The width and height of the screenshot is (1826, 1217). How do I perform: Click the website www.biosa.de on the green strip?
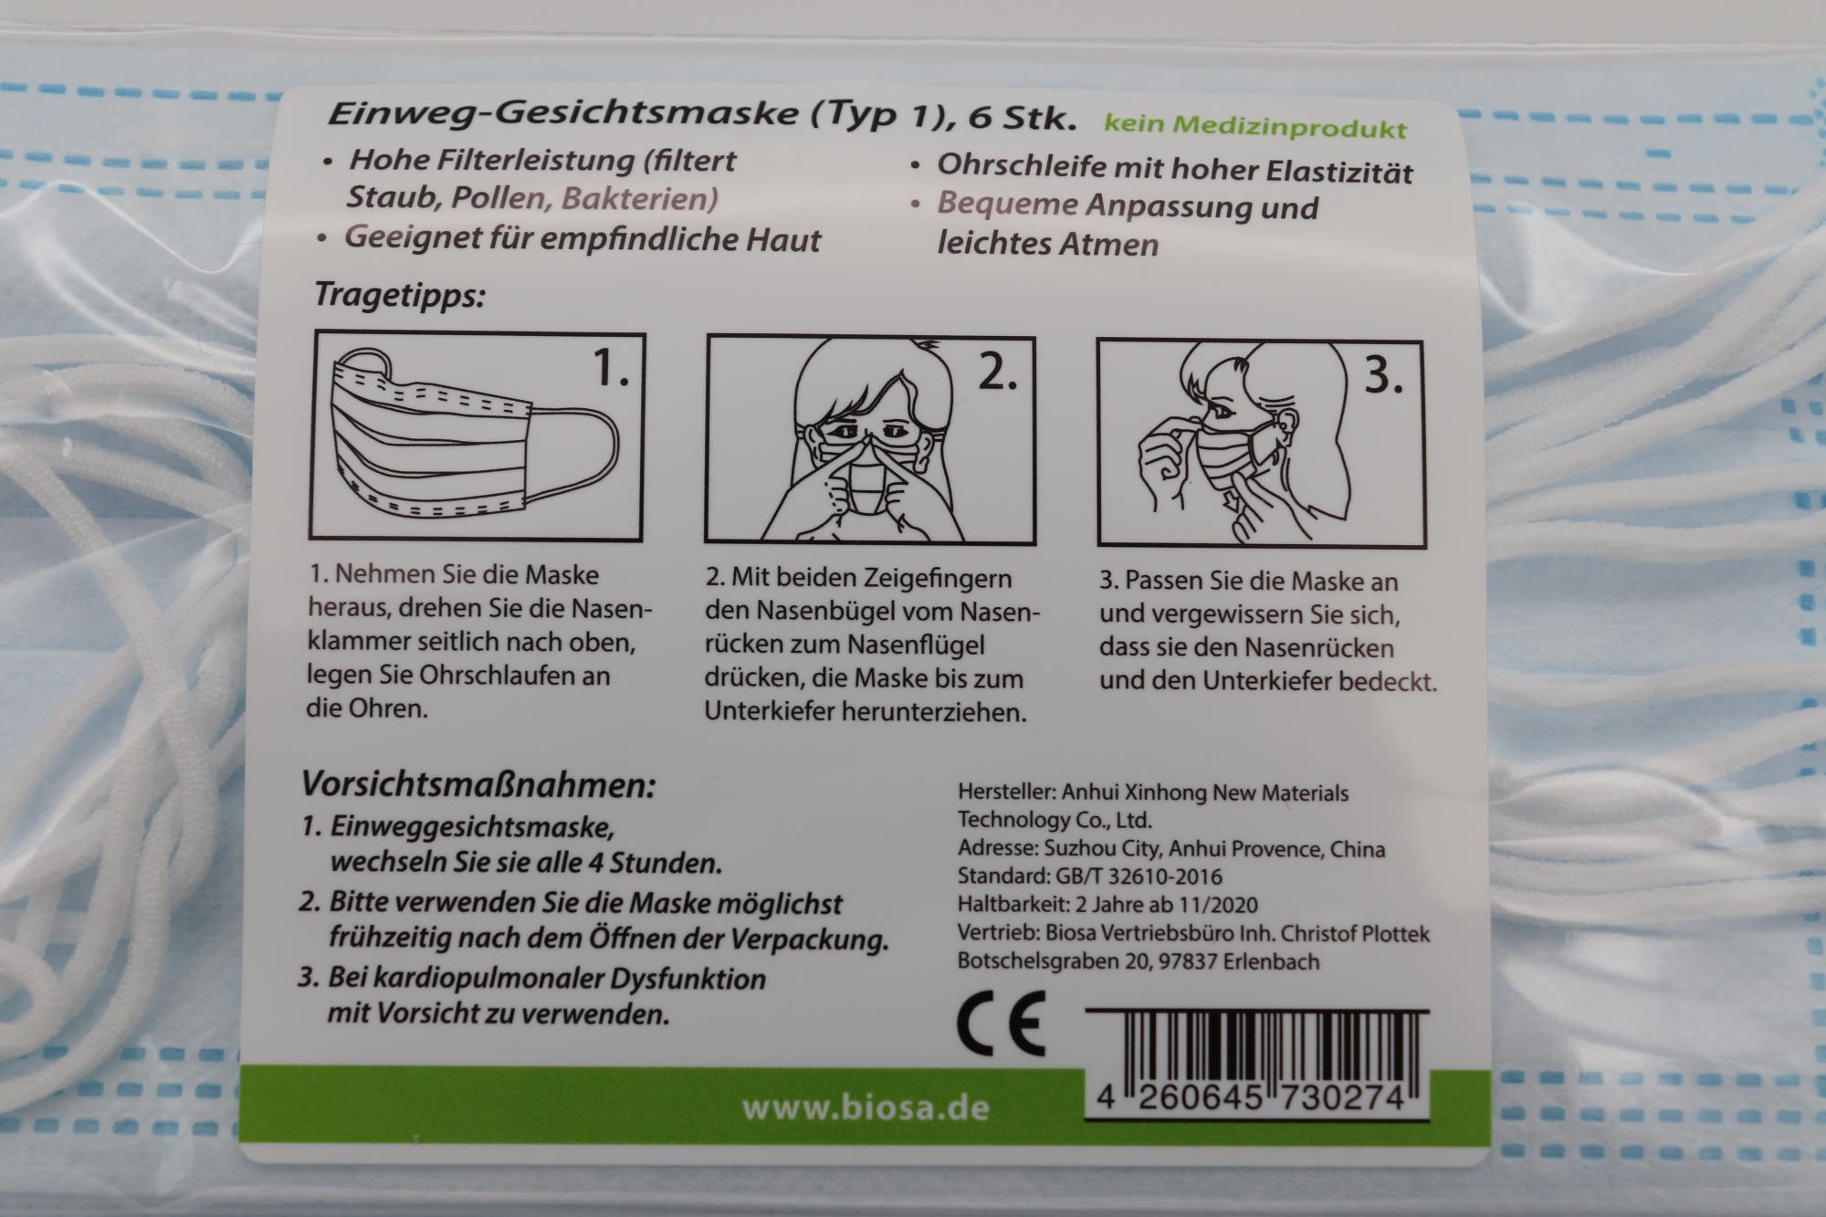tap(866, 1108)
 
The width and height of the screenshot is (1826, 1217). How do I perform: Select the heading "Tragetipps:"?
tap(399, 296)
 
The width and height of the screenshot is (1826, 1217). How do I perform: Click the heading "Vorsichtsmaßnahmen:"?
tap(478, 785)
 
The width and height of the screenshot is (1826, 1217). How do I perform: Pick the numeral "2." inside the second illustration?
tap(998, 372)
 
